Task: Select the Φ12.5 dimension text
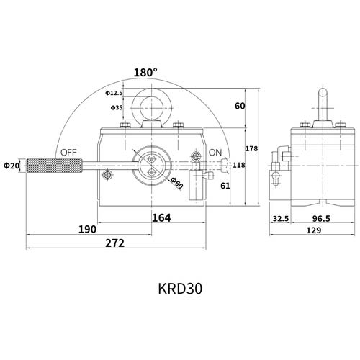114,93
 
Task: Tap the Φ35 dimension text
117,107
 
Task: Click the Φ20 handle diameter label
12,166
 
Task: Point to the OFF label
69,153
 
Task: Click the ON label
215,153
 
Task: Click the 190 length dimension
87,230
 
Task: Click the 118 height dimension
239,166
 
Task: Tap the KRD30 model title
179,288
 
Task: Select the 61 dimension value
225,186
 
